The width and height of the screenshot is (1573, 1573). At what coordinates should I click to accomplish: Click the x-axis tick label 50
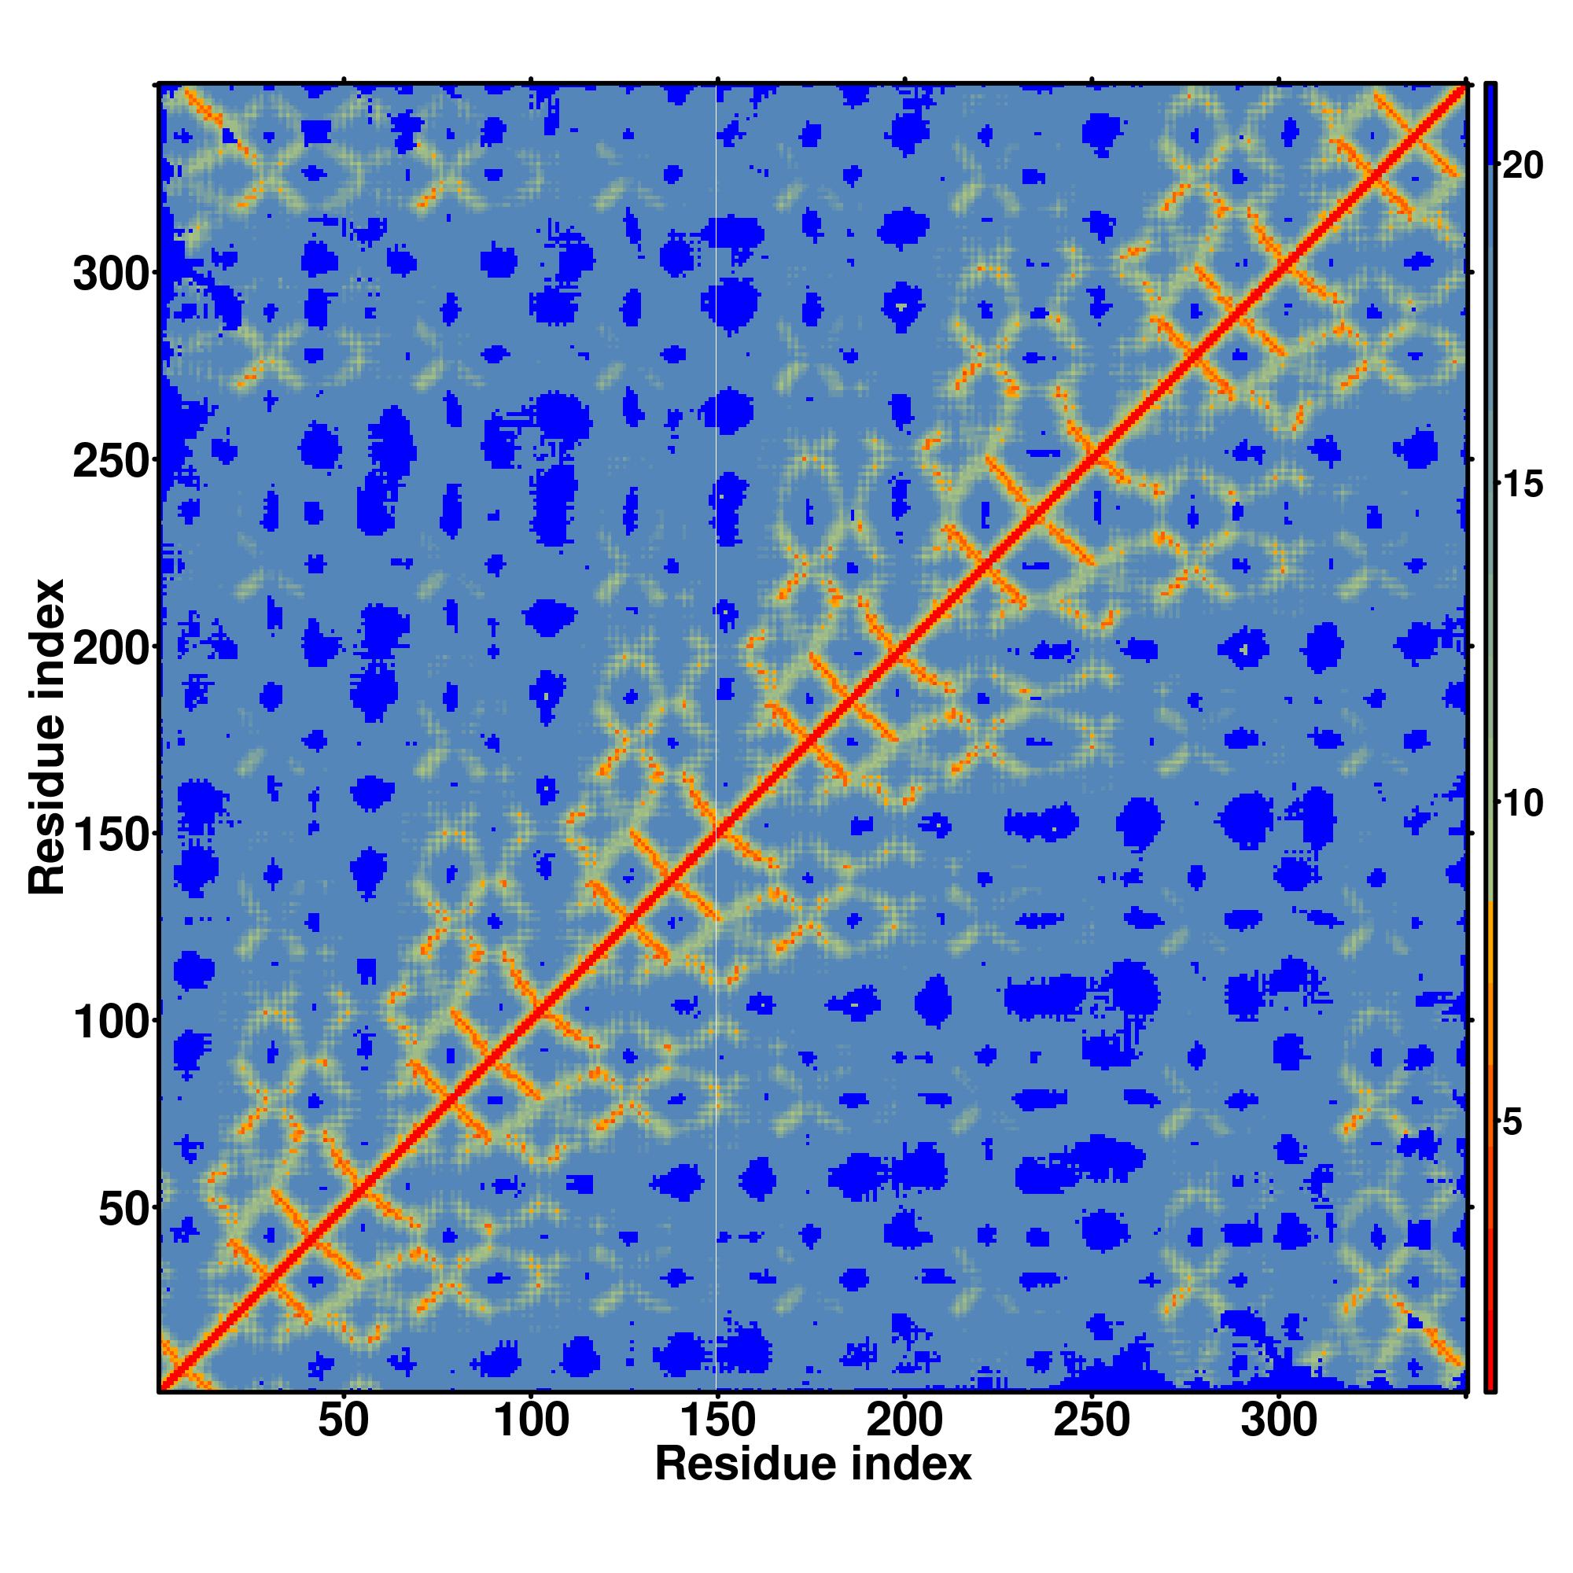coord(343,1421)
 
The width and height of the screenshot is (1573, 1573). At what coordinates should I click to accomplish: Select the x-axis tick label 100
coord(531,1421)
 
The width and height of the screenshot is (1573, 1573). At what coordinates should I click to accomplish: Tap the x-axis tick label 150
coord(717,1421)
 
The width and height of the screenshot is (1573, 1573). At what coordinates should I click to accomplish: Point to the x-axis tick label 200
coord(904,1421)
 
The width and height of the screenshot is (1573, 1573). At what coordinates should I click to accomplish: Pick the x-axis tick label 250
coord(1091,1421)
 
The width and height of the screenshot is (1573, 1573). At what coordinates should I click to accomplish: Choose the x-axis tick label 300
coord(1278,1421)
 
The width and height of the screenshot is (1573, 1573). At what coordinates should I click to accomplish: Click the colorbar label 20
coord(1521,166)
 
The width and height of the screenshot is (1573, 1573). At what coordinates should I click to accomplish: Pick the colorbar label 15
coord(1521,485)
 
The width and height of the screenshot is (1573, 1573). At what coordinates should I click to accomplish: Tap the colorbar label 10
coord(1521,804)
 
